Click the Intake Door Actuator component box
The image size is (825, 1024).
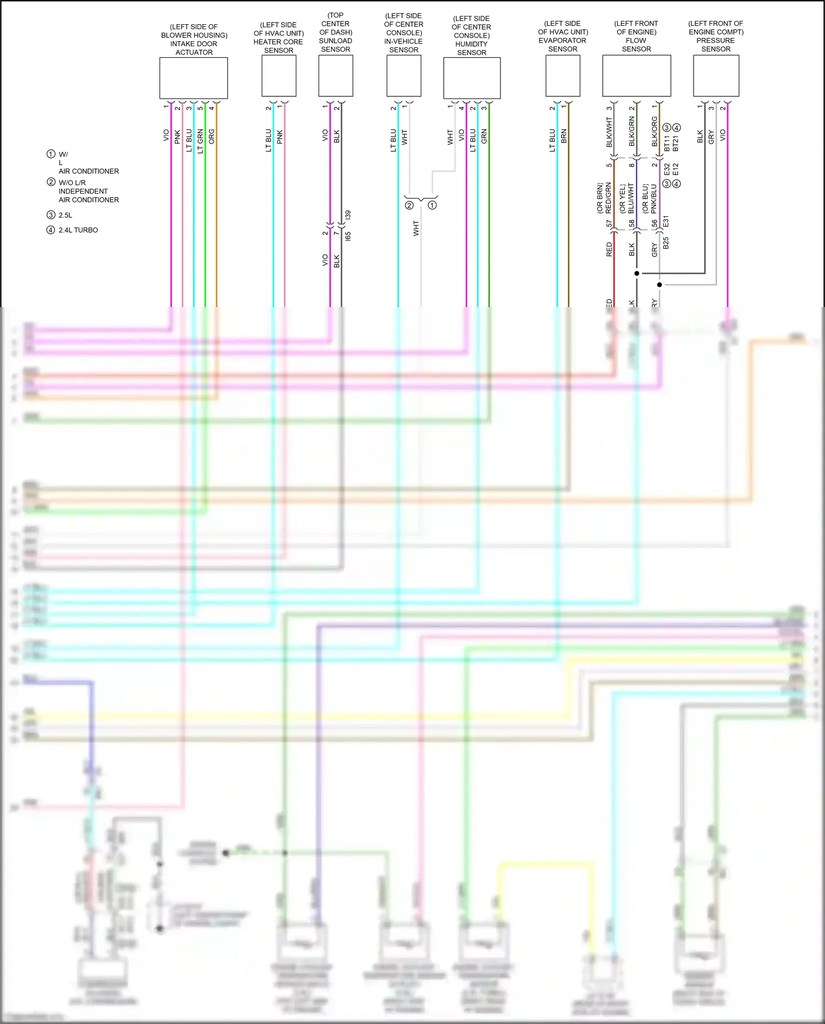coord(194,78)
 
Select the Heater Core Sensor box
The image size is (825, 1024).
coord(279,76)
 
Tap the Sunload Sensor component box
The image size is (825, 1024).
coord(335,76)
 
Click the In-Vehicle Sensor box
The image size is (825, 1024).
coord(404,76)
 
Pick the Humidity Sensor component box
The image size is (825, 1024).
coord(472,78)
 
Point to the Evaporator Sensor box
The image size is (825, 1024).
coord(563,76)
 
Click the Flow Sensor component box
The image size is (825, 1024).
coord(636,76)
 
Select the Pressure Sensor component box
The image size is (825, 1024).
coord(716,76)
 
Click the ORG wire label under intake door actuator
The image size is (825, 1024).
coord(212,136)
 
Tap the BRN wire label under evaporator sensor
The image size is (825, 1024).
coord(564,136)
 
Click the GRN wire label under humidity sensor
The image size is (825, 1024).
coord(484,136)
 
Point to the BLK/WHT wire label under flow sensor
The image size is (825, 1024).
coord(609,132)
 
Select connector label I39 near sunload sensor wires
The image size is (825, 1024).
coord(348,215)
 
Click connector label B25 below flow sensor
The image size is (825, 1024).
coord(666,243)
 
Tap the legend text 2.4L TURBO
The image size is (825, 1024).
coord(78,230)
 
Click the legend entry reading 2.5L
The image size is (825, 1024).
coord(65,215)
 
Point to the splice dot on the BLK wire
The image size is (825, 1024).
coord(637,273)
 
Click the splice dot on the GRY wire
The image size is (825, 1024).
coord(659,284)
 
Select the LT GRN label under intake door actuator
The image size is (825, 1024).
coord(200,140)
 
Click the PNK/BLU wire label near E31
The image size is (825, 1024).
coord(654,199)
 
